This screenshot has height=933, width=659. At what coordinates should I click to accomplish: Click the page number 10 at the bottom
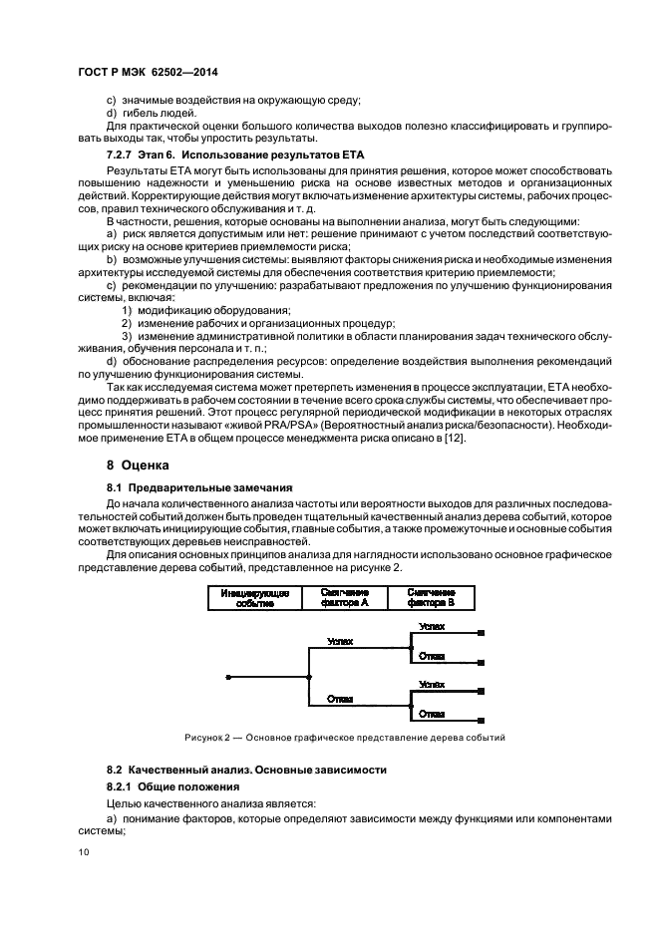(86, 852)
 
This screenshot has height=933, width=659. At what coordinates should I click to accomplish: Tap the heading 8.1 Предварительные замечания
(199, 487)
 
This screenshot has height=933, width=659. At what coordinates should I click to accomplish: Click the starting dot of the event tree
(228, 677)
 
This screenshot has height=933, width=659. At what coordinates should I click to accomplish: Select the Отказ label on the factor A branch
(340, 699)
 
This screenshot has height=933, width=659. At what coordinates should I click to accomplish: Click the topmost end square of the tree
(482, 633)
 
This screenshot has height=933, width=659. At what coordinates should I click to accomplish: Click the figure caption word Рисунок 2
(207, 739)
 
